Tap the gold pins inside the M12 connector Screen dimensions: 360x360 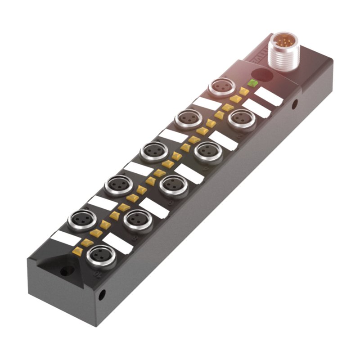(282, 44)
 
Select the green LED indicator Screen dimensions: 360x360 (252, 83)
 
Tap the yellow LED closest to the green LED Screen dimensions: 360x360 (243, 91)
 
